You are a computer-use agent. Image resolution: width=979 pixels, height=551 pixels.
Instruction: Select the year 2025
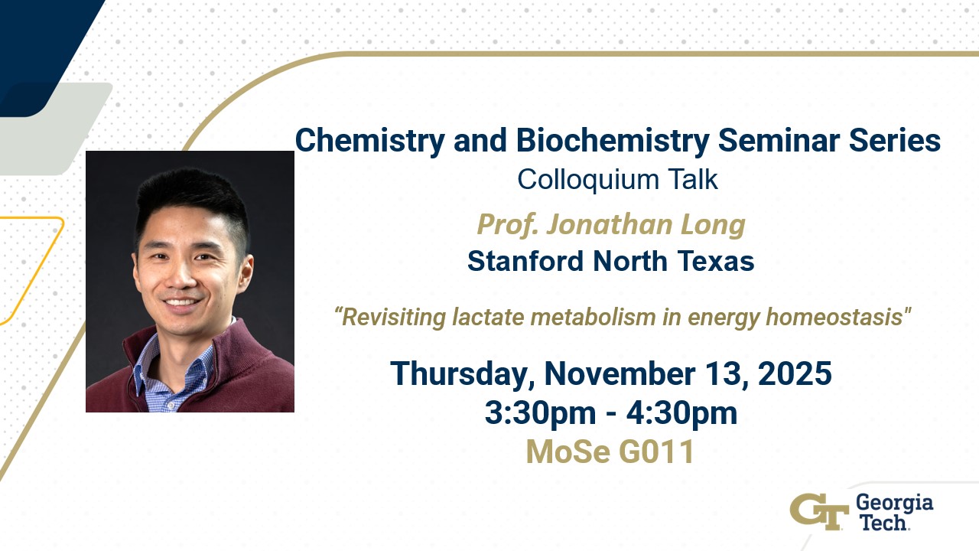tap(795, 373)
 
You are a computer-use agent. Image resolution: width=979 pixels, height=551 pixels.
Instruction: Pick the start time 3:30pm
tap(540, 413)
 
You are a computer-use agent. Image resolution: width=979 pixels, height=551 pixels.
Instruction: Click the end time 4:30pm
tap(681, 413)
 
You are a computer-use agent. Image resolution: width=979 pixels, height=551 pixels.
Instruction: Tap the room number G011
tap(656, 452)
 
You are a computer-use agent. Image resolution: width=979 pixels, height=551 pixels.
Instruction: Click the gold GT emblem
tap(819, 512)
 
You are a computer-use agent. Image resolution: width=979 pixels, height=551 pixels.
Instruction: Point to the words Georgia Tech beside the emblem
tap(894, 512)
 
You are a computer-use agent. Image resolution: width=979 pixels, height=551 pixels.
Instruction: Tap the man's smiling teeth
tap(181, 302)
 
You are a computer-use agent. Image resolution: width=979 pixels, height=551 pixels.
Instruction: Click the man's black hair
tap(192, 201)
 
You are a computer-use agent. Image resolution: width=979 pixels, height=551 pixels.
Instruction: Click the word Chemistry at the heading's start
tap(369, 141)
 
